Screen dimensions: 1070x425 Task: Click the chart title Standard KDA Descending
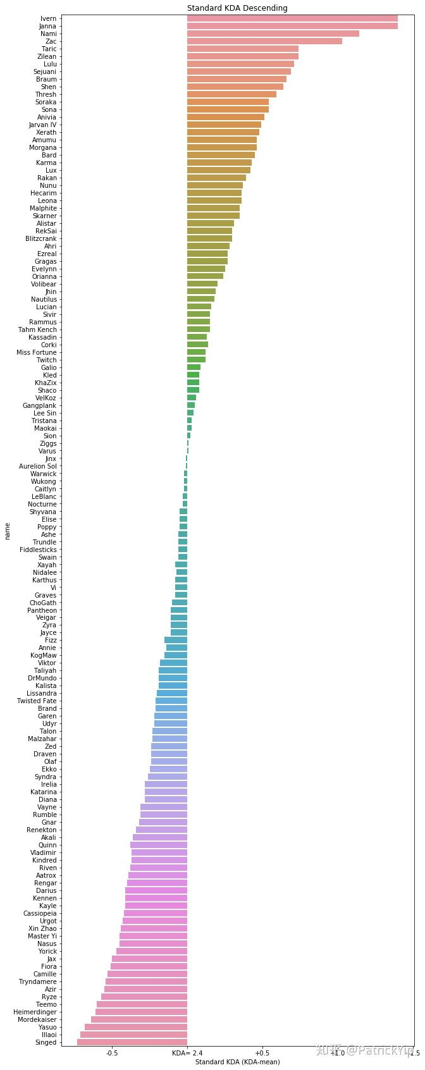click(x=237, y=8)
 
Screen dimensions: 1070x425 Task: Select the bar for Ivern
click(x=292, y=19)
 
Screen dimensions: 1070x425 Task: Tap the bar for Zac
click(x=264, y=42)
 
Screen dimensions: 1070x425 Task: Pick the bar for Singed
click(x=132, y=1042)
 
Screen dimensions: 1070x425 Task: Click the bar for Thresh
click(x=231, y=95)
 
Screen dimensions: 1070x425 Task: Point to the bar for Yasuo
click(x=136, y=1027)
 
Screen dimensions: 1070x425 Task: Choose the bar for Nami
click(x=273, y=34)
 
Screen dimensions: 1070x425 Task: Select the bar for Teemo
click(x=142, y=1004)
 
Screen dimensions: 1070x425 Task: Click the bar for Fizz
click(x=176, y=641)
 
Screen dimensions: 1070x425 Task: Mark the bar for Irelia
click(x=166, y=784)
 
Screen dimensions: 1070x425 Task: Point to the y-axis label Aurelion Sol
click(x=37, y=466)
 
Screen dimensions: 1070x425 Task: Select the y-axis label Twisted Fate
click(x=36, y=701)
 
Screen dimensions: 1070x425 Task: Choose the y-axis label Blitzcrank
click(x=40, y=239)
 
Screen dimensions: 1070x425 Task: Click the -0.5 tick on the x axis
click(x=112, y=1053)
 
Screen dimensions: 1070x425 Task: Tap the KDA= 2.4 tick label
click(x=187, y=1053)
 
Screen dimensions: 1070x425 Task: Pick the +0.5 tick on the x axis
click(x=262, y=1053)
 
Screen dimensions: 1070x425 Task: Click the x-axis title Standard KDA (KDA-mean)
click(x=237, y=1062)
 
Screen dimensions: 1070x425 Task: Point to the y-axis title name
click(x=8, y=531)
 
